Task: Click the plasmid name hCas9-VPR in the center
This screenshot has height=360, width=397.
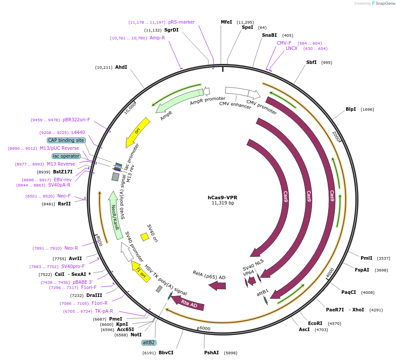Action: (x=222, y=198)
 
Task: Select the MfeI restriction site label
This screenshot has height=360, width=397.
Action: (x=226, y=22)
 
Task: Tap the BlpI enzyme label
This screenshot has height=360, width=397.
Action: (x=351, y=109)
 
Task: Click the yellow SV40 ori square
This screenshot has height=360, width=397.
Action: (x=145, y=237)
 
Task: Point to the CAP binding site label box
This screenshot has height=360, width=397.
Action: (x=66, y=140)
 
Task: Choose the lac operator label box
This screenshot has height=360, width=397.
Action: (x=66, y=156)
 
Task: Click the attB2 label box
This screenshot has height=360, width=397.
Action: (x=149, y=342)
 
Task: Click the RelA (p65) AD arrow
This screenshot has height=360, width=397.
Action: (x=217, y=286)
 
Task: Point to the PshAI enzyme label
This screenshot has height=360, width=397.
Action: (x=211, y=353)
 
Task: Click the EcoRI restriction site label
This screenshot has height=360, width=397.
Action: (x=315, y=324)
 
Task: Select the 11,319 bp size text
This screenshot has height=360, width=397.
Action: (x=223, y=203)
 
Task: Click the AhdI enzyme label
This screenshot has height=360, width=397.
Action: (x=121, y=67)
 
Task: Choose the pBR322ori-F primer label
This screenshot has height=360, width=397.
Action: (x=76, y=120)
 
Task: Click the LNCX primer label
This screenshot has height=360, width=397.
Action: (x=291, y=48)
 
